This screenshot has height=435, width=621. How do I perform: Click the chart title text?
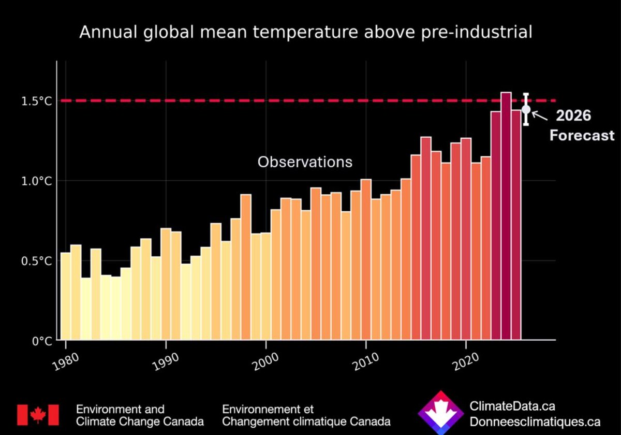(306, 33)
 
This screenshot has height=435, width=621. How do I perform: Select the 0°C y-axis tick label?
(42, 341)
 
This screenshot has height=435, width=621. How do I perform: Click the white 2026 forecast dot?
(526, 109)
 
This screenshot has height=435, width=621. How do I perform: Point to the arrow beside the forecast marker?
(540, 116)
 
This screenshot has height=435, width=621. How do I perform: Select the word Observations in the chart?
(305, 162)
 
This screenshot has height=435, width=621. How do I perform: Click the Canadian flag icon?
(38, 415)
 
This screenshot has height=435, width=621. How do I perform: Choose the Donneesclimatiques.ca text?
(535, 422)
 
